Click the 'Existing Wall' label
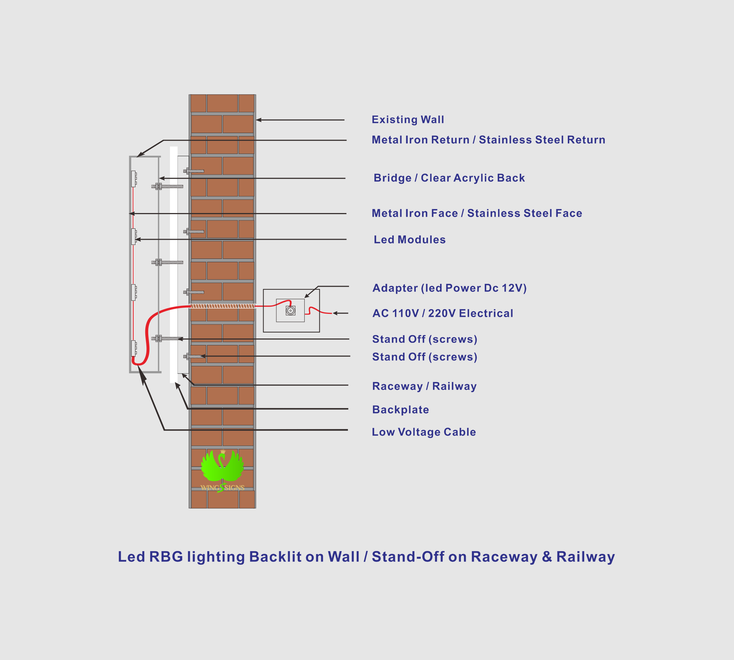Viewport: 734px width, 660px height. tap(408, 120)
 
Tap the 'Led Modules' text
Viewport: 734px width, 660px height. tap(410, 239)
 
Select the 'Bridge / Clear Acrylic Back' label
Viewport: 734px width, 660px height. tap(449, 178)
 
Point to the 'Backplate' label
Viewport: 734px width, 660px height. tap(400, 410)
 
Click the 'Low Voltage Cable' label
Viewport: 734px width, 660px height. tap(424, 432)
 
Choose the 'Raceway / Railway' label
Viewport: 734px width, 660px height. tap(424, 386)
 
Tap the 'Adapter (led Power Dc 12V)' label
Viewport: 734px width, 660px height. tap(450, 288)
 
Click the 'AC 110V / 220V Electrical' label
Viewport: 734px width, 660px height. tap(443, 313)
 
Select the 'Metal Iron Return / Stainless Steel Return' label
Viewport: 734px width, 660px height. tap(488, 140)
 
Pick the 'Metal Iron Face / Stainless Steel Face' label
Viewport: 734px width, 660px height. tap(477, 213)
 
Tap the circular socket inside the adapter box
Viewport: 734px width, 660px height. tap(290, 311)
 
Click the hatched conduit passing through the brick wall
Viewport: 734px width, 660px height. tap(222, 306)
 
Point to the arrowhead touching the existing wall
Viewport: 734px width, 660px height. tap(258, 120)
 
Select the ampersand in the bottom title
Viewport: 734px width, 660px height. tap(546, 557)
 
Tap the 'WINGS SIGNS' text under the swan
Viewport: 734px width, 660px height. tap(222, 488)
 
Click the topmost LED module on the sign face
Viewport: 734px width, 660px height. tap(134, 179)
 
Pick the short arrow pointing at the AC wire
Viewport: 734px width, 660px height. tap(340, 313)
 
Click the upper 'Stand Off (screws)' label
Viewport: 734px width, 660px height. tap(425, 339)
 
